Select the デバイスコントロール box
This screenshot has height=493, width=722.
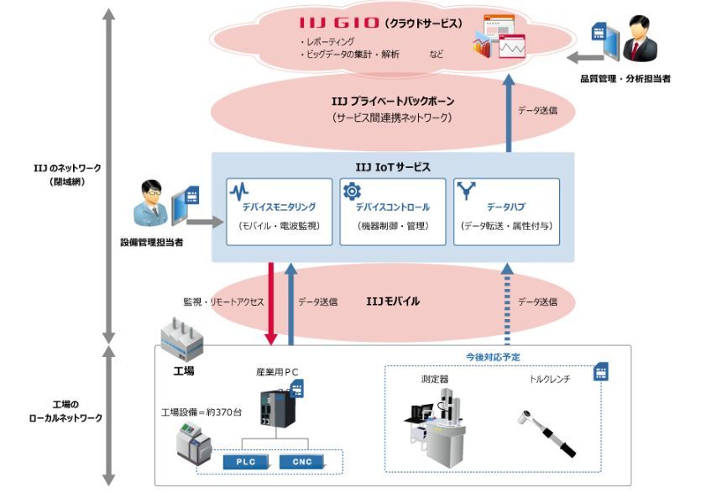392,211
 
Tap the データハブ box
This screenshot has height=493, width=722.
506,211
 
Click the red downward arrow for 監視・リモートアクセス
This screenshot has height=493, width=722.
271,302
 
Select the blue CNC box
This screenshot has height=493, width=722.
295,461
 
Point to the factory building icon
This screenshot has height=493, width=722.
181,338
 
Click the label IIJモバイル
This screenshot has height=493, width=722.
393,301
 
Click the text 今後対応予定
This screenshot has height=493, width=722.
493,357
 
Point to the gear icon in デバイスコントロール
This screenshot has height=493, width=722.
353,191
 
